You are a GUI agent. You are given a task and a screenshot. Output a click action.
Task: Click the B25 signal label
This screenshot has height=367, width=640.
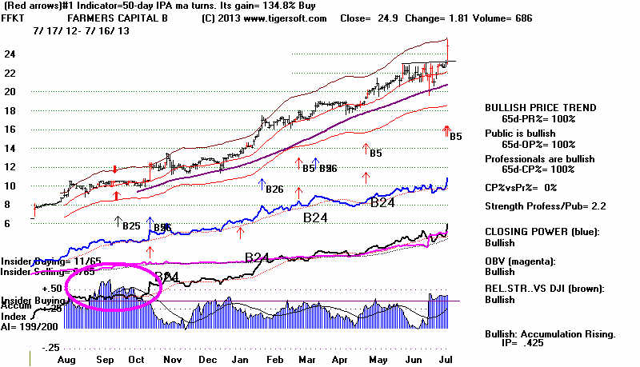pyautogui.click(x=133, y=226)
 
